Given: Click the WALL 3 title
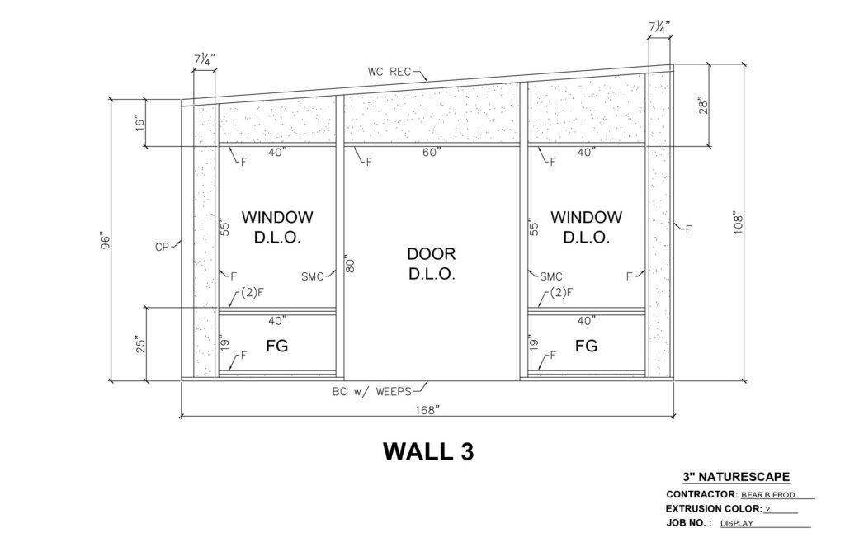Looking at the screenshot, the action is (428, 451).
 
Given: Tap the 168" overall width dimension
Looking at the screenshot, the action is (427, 411).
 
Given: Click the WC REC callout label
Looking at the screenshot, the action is (389, 72).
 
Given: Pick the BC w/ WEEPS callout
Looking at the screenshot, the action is (372, 392).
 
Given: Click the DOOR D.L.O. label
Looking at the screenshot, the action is (432, 263).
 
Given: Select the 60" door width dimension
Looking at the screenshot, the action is (432, 153).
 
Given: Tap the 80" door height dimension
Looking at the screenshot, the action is (350, 263).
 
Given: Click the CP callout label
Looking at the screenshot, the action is (163, 248).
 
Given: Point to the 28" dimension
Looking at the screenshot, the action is (703, 105).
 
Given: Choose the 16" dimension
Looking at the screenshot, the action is (140, 122).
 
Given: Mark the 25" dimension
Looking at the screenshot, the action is (140, 345).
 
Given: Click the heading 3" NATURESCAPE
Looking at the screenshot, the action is (736, 477).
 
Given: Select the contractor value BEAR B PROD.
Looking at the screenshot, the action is (769, 495).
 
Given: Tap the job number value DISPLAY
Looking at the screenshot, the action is (737, 523).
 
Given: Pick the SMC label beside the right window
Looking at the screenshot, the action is (551, 277).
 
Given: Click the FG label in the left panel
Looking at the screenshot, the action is (277, 346).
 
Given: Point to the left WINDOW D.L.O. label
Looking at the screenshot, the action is (277, 227).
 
